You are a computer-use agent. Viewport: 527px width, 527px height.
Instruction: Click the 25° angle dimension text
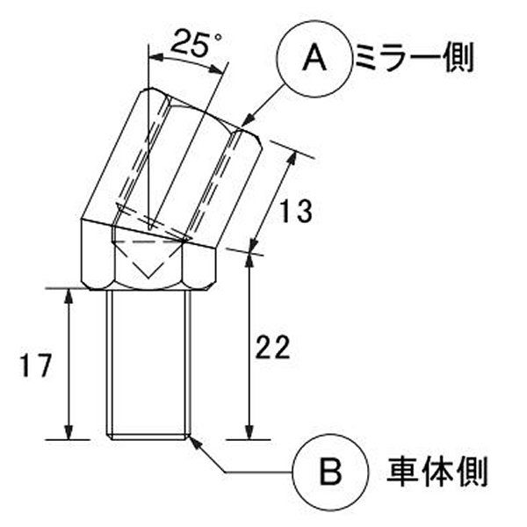[196, 43]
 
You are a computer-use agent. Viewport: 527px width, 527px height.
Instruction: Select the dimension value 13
[296, 211]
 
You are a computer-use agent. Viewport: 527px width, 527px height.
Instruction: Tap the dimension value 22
[272, 347]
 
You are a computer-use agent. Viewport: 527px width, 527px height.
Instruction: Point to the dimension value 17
[36, 365]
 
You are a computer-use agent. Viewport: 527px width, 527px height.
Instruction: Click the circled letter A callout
[314, 59]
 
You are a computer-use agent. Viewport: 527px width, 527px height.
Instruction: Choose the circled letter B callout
[331, 473]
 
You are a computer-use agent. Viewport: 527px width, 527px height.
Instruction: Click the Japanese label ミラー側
[414, 58]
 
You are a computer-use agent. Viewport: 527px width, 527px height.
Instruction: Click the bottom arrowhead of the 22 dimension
[249, 432]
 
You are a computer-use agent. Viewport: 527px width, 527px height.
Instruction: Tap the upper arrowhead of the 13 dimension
[292, 160]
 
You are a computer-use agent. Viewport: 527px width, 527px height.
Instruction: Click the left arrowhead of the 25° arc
[156, 58]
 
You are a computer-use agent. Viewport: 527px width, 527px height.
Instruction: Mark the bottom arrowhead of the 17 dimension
[69, 432]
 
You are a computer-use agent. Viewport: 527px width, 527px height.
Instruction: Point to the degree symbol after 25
[218, 36]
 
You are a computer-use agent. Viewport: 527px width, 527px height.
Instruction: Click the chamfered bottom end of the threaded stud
[148, 437]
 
